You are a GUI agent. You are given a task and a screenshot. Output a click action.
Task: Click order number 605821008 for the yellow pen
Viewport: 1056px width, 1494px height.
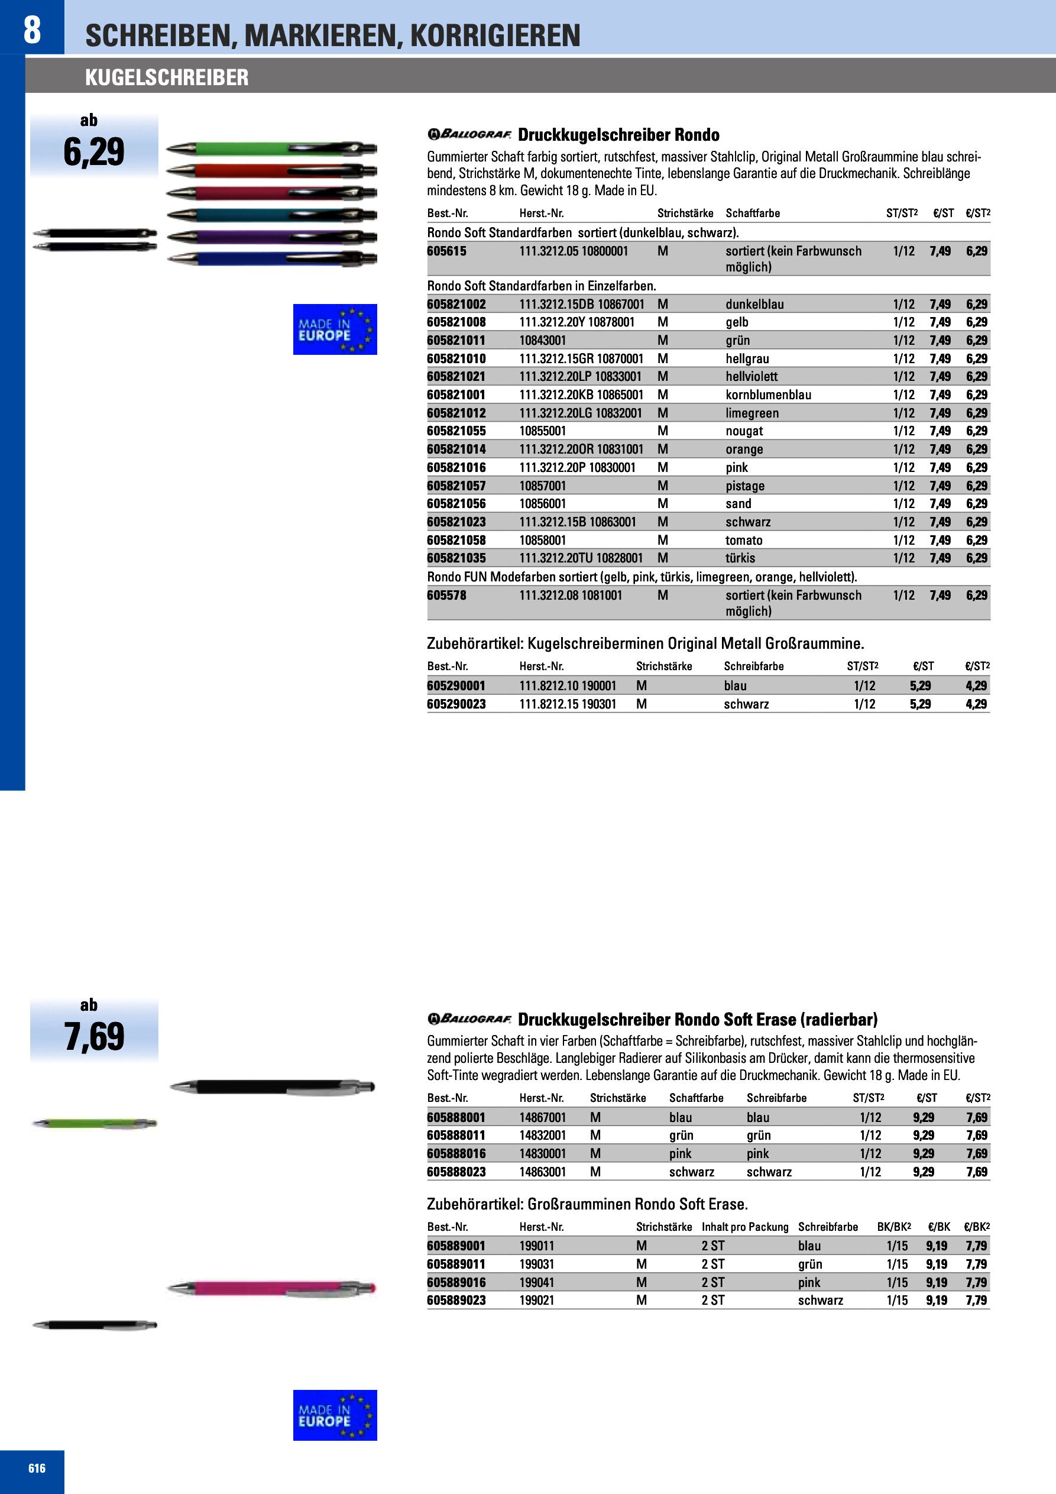pos(456,322)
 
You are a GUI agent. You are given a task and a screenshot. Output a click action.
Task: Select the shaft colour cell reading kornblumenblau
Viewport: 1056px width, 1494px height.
pos(769,395)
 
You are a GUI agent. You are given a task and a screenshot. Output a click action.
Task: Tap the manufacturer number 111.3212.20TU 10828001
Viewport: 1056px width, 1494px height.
pos(581,558)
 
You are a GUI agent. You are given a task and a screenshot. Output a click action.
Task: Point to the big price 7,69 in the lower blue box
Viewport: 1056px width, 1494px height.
pos(95,1037)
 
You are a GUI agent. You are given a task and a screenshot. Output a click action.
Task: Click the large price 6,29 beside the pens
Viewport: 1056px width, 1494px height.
pos(95,152)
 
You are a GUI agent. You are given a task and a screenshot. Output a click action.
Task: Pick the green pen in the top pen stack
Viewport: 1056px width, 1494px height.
pos(271,149)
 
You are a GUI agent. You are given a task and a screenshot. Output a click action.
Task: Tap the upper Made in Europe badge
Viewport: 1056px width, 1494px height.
pos(335,329)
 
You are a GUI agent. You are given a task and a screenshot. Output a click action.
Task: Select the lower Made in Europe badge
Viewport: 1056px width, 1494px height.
pos(335,1415)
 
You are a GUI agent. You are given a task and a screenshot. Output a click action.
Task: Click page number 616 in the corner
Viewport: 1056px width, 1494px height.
pos(37,1468)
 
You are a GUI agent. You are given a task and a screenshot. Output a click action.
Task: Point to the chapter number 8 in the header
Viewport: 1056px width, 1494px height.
pos(32,30)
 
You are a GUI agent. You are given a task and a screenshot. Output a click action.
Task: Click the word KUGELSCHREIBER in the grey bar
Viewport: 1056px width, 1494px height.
pos(167,77)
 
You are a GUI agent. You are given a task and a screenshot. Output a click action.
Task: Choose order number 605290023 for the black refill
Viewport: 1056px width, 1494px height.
pos(456,704)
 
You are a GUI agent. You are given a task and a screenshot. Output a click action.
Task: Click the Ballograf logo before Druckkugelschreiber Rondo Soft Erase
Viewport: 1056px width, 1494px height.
pos(469,1019)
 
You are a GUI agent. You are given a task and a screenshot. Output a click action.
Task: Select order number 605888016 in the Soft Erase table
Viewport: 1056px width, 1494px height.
pos(456,1154)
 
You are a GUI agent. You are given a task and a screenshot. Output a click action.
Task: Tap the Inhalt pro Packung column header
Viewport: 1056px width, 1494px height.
pos(744,1227)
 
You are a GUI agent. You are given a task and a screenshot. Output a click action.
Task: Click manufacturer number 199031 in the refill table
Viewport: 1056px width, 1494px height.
pos(537,1265)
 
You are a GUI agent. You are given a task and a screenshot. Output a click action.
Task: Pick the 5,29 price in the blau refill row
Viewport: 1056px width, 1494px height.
pos(920,686)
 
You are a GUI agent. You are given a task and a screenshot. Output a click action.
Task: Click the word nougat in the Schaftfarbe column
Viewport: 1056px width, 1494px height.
pos(744,431)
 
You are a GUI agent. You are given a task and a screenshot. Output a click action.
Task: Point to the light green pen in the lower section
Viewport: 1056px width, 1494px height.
pos(95,1123)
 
